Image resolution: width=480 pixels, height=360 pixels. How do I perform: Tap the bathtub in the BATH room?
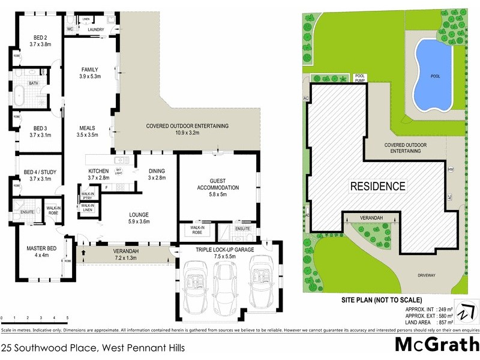(21, 95)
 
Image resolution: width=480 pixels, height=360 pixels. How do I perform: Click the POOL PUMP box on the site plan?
(360, 77)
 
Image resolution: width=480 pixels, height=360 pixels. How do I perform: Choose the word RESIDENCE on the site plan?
(377, 186)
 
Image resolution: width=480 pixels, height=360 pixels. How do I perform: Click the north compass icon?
(466, 312)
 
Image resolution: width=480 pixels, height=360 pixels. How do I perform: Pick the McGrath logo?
(436, 345)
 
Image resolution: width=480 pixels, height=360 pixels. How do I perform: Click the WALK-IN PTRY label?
(87, 195)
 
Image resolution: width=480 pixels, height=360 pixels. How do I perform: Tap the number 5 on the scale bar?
(67, 317)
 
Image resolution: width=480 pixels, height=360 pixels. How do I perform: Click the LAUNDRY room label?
(96, 29)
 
